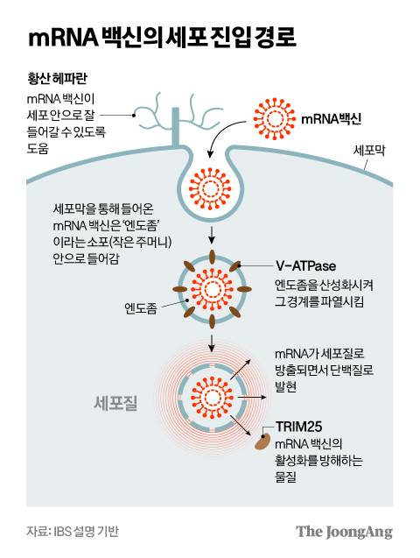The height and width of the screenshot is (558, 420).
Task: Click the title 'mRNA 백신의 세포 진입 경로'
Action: [162, 38]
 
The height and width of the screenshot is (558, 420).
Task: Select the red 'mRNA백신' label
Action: [331, 117]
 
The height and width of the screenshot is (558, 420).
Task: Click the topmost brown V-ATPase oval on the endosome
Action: [210, 252]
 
